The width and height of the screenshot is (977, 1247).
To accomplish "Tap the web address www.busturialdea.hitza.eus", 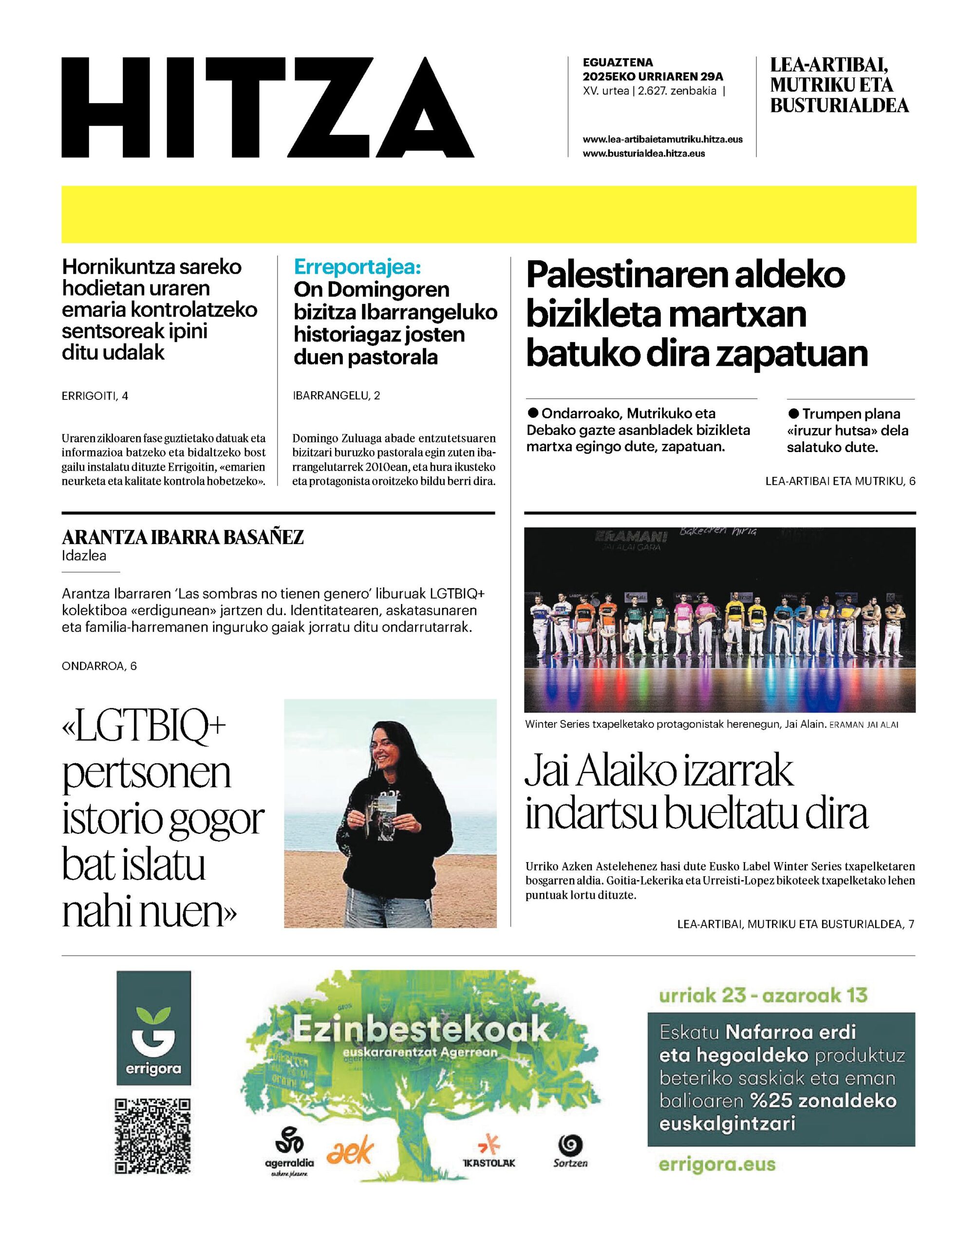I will click(x=643, y=153).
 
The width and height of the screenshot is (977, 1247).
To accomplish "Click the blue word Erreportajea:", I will click(x=357, y=267).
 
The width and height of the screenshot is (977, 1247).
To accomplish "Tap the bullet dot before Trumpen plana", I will click(x=793, y=413).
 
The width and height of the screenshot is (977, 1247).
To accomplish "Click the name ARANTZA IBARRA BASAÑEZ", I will click(x=183, y=538).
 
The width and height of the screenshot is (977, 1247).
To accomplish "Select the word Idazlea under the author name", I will click(x=84, y=556).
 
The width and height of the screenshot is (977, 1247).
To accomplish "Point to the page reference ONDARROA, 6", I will click(x=99, y=666).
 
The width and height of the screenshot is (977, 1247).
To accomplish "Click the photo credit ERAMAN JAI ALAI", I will click(x=864, y=725).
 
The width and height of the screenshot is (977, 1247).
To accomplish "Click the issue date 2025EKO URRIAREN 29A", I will click(x=653, y=76).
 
